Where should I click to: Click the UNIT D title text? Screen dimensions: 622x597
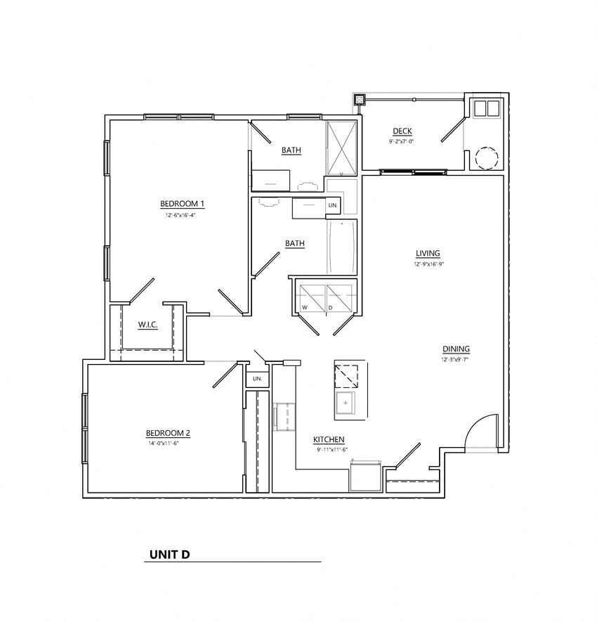[169, 554]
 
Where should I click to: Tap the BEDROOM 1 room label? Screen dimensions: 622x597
[182, 204]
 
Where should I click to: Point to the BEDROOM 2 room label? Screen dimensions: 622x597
[168, 432]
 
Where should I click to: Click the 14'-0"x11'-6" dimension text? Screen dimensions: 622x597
[168, 444]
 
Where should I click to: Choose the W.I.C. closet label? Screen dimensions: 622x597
[147, 324]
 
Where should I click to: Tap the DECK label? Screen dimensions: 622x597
[402, 131]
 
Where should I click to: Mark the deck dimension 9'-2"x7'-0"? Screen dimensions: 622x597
[402, 141]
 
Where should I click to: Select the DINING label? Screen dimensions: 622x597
[456, 349]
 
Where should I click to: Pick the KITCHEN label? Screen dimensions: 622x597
[329, 439]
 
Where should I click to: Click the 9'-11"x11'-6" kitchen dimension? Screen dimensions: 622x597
[332, 450]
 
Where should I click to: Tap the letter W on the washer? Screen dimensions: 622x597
[305, 308]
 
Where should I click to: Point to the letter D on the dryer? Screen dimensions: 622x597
[330, 308]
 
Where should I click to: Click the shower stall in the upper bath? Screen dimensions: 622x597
[342, 147]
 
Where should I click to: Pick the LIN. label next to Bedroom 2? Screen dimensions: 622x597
[257, 379]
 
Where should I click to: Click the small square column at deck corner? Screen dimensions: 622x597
[360, 100]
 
